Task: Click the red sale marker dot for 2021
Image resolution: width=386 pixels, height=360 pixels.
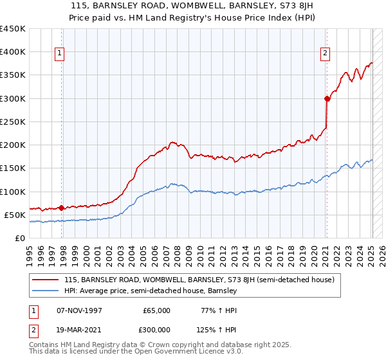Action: (327, 98)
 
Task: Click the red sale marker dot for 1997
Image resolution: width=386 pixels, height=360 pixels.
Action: (62, 208)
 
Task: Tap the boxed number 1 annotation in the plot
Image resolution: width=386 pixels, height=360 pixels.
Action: (59, 54)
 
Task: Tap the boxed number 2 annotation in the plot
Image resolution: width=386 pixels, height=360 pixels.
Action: (326, 54)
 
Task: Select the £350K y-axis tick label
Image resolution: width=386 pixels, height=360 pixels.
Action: (13, 75)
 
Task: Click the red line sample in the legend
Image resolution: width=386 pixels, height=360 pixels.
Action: (46, 280)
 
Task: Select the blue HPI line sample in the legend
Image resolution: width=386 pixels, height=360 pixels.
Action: (46, 291)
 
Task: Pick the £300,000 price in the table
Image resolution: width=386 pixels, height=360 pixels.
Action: (156, 329)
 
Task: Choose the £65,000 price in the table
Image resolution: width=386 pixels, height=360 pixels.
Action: (156, 310)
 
